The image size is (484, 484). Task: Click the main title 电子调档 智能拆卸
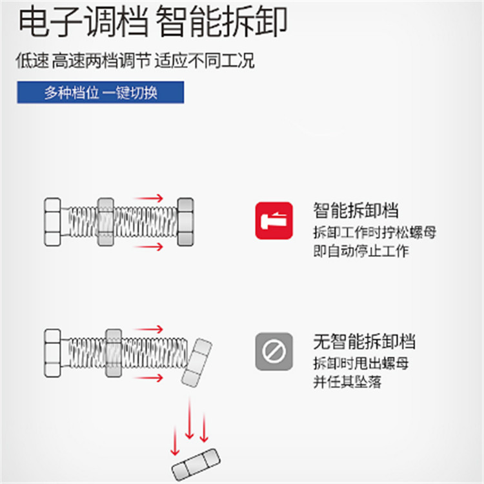point(153,22)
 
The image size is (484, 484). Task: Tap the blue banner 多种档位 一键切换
point(101,92)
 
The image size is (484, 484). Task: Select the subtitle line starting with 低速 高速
point(136,60)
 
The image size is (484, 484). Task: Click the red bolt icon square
point(274,221)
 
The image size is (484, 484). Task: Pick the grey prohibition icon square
point(274,351)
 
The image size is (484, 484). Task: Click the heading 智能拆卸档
point(356,210)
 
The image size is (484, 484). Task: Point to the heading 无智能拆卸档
point(364,341)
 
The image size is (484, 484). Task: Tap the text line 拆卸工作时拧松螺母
point(375,232)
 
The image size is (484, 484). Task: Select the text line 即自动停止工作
point(361,250)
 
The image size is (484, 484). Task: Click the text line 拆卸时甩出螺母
point(361,363)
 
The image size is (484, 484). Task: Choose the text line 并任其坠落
point(347,382)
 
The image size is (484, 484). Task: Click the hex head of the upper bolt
point(52,222)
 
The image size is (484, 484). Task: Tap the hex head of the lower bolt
point(52,353)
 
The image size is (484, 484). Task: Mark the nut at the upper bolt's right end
point(185,222)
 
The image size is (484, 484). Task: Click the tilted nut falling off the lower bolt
point(197,363)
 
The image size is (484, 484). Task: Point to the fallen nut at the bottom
point(196,465)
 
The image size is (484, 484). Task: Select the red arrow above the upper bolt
point(149,198)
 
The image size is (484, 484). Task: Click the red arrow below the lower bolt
point(149,378)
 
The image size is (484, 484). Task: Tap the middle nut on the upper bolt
point(106,222)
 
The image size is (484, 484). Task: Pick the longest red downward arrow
point(189,419)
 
